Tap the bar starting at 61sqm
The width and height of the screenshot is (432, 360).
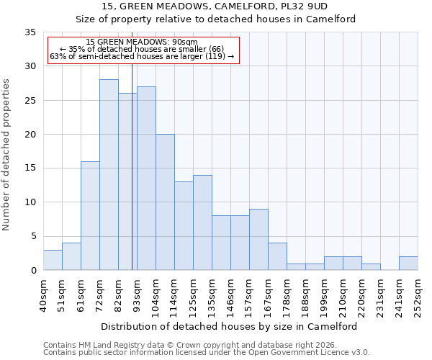pos(90,216)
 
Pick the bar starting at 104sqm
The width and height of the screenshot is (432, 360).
pos(165,202)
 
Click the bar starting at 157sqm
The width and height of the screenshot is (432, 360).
pos(258,240)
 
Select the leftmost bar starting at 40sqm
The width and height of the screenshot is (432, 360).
pos(53,260)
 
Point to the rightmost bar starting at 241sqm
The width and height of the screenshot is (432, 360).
pos(408,264)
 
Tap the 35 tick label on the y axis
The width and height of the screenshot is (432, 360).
pos(30,32)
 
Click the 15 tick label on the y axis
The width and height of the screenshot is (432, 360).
pos(30,168)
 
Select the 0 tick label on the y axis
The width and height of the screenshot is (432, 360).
pos(32,271)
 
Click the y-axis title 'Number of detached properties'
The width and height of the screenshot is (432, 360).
pos(7,155)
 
